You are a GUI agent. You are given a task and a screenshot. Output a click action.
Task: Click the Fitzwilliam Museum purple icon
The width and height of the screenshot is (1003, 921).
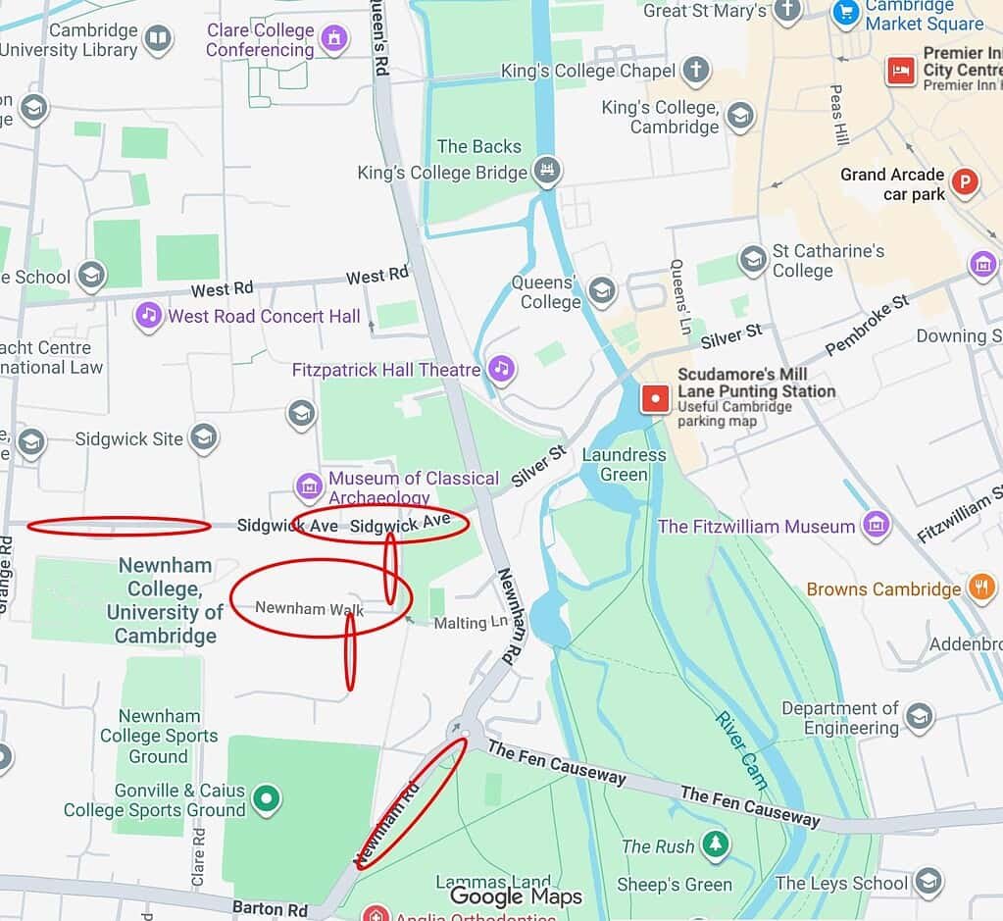click(876, 525)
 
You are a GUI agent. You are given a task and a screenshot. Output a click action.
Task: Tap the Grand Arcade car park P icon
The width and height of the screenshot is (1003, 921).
click(966, 183)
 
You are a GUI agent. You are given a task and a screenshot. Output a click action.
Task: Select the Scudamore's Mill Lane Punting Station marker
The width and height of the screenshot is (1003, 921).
click(655, 398)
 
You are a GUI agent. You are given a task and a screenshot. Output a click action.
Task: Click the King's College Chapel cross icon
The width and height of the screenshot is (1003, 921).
click(695, 71)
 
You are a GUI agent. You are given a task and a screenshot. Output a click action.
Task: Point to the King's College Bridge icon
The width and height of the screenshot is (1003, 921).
click(547, 171)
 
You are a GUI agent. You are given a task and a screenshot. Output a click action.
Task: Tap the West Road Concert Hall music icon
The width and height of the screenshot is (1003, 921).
click(148, 315)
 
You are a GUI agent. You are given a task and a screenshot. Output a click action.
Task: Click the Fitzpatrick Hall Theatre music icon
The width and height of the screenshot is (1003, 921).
click(502, 369)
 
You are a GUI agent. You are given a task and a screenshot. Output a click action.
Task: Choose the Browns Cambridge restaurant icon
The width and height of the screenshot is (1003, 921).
click(980, 588)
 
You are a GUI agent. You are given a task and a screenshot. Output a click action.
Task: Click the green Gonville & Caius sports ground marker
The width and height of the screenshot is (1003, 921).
click(265, 799)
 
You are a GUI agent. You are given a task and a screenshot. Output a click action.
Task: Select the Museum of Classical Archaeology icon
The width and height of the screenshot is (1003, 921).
click(309, 486)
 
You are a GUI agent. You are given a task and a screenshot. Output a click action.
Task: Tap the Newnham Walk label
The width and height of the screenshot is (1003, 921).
click(309, 609)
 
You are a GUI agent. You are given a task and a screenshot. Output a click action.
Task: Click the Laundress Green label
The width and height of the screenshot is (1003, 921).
click(624, 465)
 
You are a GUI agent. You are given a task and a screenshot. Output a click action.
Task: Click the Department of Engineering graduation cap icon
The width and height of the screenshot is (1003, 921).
click(919, 717)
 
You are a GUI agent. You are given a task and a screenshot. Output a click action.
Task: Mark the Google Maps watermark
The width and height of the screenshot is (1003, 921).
click(516, 896)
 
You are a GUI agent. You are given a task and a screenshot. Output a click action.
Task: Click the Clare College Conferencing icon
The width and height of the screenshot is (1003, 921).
click(335, 39)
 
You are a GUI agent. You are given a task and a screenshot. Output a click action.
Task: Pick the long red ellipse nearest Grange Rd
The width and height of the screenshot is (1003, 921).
click(119, 527)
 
